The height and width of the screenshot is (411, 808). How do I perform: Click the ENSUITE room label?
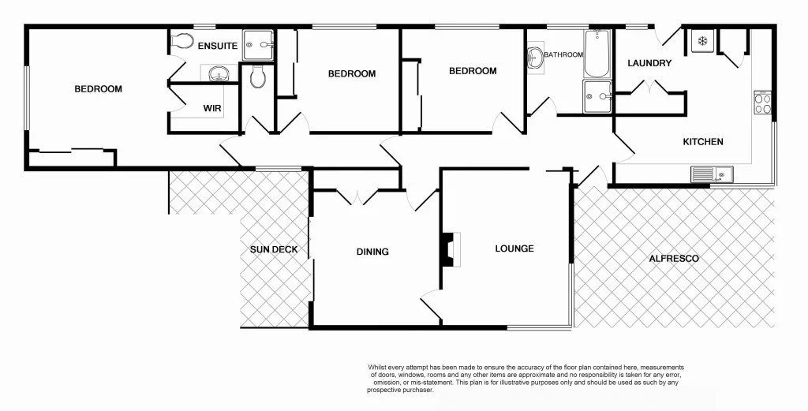(218, 46)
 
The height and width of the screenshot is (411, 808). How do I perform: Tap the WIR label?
(212, 108)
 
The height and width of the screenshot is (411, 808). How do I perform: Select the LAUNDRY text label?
(649, 63)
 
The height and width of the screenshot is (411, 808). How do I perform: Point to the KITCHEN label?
(702, 142)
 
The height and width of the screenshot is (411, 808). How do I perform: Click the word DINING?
(372, 252)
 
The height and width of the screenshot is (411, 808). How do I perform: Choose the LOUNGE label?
(514, 248)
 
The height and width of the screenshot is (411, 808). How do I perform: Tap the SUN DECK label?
(274, 249)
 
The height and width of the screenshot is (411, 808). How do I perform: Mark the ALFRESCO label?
(674, 258)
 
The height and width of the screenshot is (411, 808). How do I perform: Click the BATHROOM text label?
(563, 54)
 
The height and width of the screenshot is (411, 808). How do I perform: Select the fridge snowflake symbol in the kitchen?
(701, 42)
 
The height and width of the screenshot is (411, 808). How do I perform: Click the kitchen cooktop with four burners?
(763, 103)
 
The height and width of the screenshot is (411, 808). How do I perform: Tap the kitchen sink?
(712, 174)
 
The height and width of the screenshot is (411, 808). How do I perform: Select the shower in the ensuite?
(257, 45)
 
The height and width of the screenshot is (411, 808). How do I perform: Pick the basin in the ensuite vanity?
(217, 75)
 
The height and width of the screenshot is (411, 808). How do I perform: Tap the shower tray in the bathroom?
(597, 96)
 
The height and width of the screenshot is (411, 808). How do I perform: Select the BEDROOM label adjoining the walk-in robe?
(99, 89)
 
